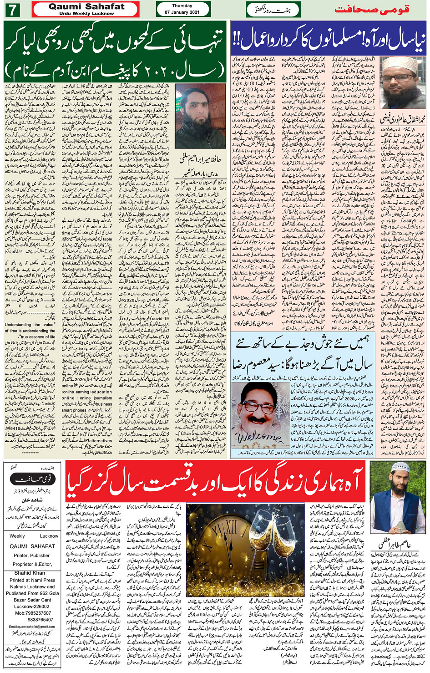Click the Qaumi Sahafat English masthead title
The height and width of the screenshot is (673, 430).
86,7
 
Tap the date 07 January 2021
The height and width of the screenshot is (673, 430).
182,12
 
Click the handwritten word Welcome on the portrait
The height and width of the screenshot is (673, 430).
258,438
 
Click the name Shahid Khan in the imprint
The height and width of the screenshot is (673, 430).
30,573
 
